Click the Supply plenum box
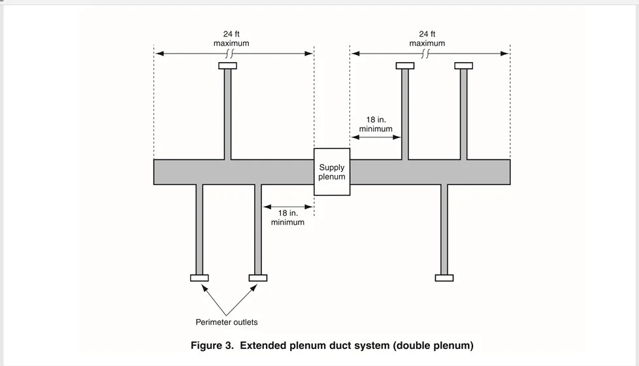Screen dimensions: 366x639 tap(332, 172)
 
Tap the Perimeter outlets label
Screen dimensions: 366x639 tap(227, 322)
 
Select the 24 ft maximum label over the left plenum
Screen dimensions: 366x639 tap(231, 39)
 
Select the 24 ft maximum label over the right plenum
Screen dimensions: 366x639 tap(427, 39)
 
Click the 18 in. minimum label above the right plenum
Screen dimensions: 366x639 tap(376, 124)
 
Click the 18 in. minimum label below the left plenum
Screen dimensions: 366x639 tap(287, 218)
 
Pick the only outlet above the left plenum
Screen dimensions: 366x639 tap(227, 65)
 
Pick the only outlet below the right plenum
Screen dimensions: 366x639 tap(444, 278)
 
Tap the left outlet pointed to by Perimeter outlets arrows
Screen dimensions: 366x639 tap(199, 278)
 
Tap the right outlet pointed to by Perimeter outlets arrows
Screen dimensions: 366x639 tap(258, 278)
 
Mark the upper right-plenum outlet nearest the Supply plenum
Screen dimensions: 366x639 tap(405, 65)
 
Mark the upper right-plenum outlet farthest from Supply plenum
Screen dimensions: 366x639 tap(463, 65)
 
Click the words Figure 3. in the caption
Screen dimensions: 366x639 tap(213, 345)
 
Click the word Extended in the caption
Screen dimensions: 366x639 tap(263, 345)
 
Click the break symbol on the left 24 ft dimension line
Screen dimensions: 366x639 tap(229, 54)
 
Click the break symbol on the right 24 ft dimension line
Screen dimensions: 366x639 tap(426, 54)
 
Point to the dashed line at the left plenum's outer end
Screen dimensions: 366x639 tap(154, 98)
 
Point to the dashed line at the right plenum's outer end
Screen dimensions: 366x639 tap(510, 98)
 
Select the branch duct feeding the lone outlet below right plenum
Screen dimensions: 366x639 tap(444, 229)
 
